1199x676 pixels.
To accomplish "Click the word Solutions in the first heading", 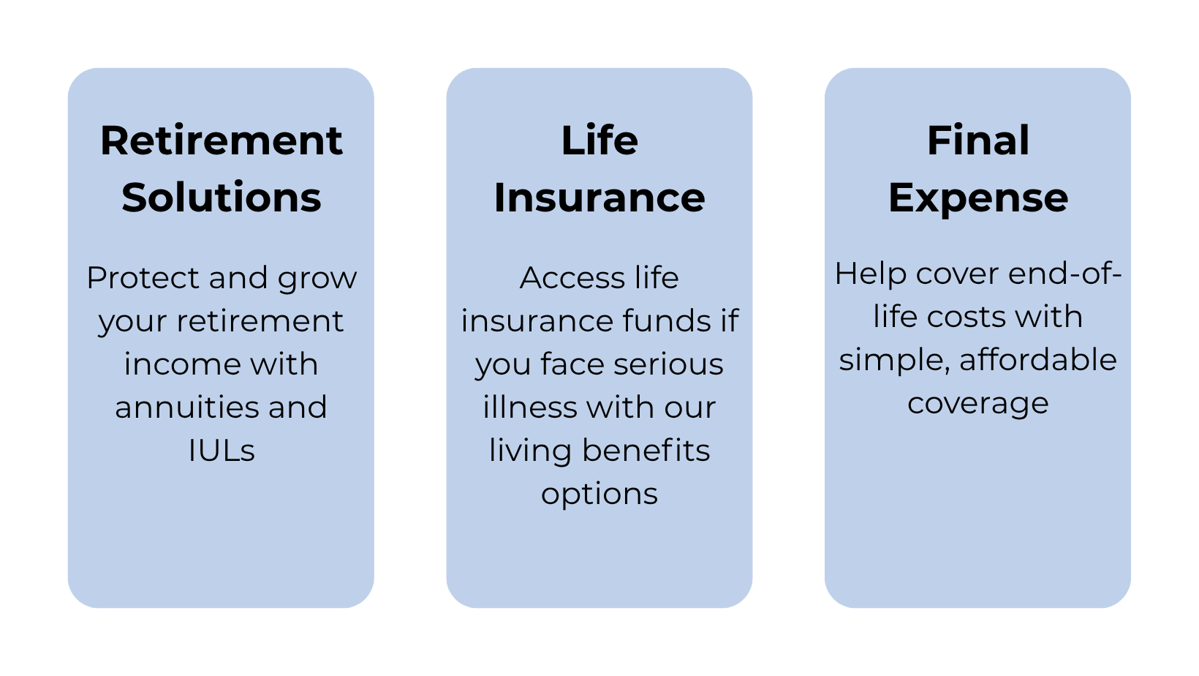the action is coord(221,197).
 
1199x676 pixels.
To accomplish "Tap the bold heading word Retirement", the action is coord(221,140).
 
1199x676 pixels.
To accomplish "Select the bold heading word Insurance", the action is coord(599,197).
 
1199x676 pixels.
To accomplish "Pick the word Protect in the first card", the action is coord(143,277).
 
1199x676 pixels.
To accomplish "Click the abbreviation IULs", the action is coord(221,451).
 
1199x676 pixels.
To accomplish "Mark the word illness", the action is coord(530,407).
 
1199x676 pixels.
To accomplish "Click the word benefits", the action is coord(646,450).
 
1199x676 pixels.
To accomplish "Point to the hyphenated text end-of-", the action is coord(1064,273).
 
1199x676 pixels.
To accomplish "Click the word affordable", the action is coord(1038,359).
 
